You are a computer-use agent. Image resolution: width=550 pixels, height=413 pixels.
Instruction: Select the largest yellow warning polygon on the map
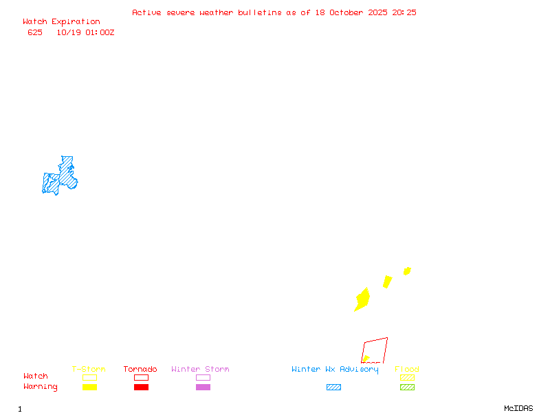(x=362, y=299)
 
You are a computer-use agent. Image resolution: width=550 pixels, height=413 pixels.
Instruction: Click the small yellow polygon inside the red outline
(x=366, y=359)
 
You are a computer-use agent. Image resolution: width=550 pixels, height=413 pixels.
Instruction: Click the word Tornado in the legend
(x=140, y=370)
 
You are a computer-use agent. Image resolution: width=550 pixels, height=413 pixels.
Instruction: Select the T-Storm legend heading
(x=89, y=370)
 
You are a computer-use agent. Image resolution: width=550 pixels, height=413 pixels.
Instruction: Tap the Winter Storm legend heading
(x=200, y=370)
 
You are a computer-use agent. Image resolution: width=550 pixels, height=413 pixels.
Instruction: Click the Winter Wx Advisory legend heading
(x=335, y=370)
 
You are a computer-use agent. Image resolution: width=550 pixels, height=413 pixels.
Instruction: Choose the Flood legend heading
(x=407, y=370)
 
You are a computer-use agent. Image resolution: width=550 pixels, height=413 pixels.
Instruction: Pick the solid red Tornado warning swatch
(x=141, y=388)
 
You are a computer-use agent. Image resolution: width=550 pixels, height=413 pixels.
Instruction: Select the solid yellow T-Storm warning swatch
(x=89, y=388)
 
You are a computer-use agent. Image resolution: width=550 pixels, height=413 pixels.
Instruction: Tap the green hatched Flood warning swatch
(x=407, y=388)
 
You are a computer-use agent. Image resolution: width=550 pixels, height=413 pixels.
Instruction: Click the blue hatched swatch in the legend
(x=333, y=388)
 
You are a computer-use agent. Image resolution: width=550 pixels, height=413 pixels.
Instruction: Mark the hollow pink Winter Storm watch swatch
(x=203, y=377)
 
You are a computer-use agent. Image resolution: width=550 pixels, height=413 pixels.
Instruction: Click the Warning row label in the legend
(x=41, y=387)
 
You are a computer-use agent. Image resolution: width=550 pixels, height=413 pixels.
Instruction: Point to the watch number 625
(x=35, y=32)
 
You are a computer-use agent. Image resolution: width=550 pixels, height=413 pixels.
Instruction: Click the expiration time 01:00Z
(x=100, y=32)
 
